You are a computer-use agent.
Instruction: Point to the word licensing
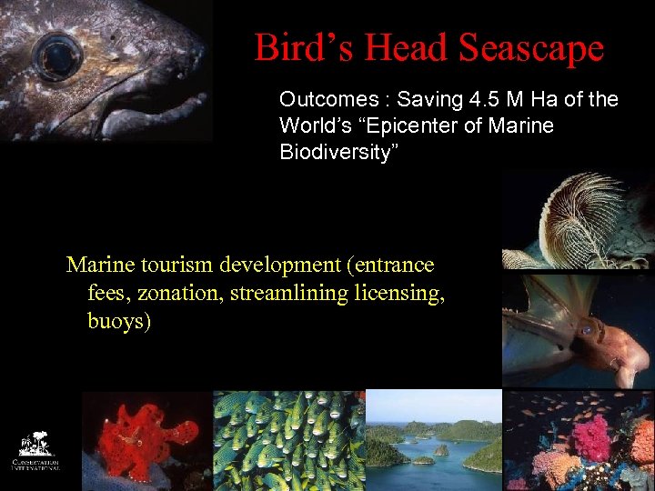pyautogui.click(x=403, y=294)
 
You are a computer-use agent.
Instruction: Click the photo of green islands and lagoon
pyautogui.click(x=434, y=441)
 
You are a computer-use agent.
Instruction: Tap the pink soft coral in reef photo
pyautogui.click(x=591, y=437)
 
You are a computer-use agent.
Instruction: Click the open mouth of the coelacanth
pyautogui.click(x=146, y=100)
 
